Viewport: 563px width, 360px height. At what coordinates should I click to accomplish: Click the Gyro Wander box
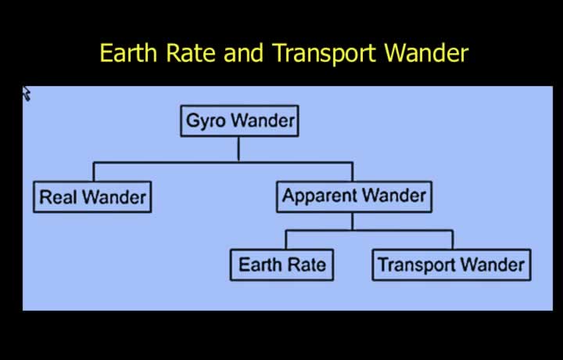pyautogui.click(x=239, y=121)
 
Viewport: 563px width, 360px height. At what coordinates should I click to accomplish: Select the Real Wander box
pyautogui.click(x=92, y=197)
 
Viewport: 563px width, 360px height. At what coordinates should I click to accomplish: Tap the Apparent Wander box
pyautogui.click(x=354, y=196)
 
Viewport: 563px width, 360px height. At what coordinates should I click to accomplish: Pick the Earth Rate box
pyautogui.click(x=281, y=265)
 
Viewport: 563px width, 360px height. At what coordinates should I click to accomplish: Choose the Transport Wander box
pyautogui.click(x=452, y=265)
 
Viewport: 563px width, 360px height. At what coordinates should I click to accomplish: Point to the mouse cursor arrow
pyautogui.click(x=27, y=93)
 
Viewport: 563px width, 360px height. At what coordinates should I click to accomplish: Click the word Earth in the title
pyautogui.click(x=128, y=52)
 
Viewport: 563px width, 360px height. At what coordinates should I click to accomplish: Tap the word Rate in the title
pyautogui.click(x=191, y=52)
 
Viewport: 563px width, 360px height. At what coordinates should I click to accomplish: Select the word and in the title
pyautogui.click(x=244, y=52)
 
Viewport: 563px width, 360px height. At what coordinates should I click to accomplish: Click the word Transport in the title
pyautogui.click(x=325, y=54)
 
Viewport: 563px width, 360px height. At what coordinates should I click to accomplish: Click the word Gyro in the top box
pyautogui.click(x=206, y=121)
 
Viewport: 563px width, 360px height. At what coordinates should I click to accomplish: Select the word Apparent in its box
pyautogui.click(x=320, y=196)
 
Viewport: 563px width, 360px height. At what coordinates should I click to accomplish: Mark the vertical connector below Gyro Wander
pyautogui.click(x=238, y=149)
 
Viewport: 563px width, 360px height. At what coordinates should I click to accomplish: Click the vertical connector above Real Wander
pyautogui.click(x=94, y=171)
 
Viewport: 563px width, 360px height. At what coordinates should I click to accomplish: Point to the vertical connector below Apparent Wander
pyautogui.click(x=353, y=221)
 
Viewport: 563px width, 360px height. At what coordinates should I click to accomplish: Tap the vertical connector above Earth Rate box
pyautogui.click(x=286, y=239)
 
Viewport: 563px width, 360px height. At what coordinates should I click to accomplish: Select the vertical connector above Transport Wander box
pyautogui.click(x=453, y=239)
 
